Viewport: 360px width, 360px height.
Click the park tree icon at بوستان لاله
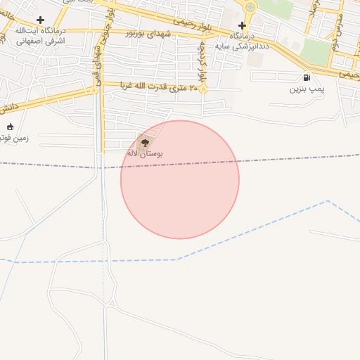(145, 142)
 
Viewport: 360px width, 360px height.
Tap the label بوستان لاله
(145, 153)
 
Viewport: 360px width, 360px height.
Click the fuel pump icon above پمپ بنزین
(307, 77)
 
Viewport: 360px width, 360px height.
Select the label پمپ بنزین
(307, 89)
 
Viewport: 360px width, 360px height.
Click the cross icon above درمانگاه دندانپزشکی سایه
(242, 25)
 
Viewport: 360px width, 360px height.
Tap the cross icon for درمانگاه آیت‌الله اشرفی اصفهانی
(40, 20)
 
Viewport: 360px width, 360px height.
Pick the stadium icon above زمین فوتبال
(10, 127)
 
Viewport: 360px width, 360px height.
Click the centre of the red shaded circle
(180, 180)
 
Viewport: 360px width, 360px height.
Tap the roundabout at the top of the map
(250, 7)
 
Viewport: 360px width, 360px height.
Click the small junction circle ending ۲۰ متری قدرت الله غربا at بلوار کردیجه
(202, 89)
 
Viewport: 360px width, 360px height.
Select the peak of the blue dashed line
(327, 201)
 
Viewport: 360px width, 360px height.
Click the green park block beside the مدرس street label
(316, 53)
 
